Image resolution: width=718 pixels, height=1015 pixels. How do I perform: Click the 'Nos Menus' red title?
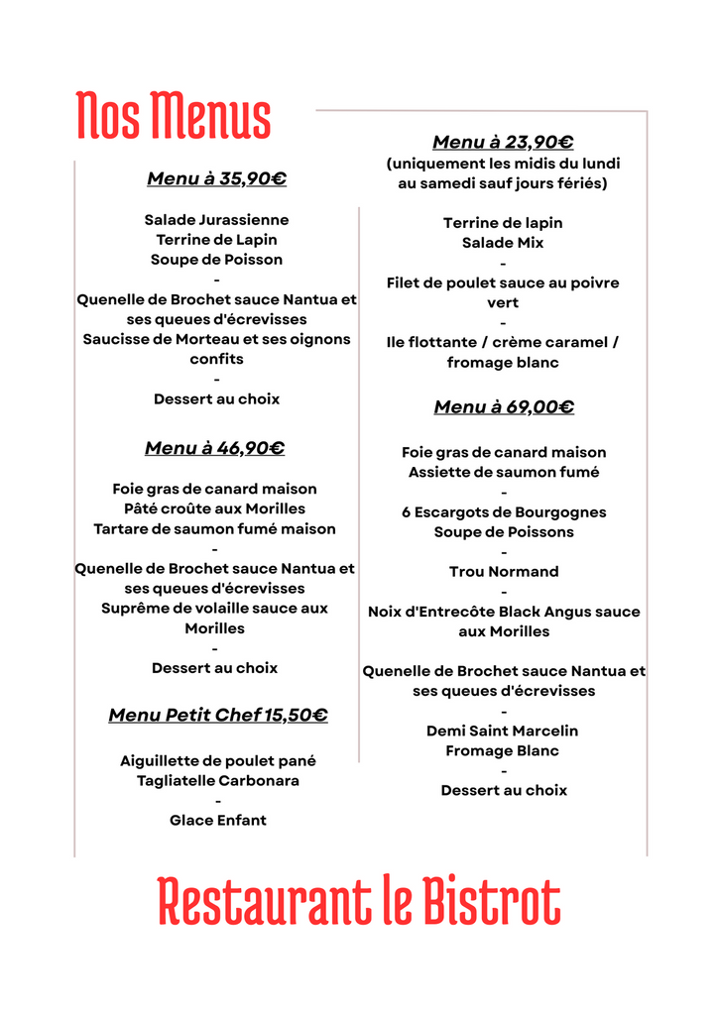point(174,116)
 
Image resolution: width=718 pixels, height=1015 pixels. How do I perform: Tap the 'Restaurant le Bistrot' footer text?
point(359,901)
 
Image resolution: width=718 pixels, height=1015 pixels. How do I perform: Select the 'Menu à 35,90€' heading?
point(216,179)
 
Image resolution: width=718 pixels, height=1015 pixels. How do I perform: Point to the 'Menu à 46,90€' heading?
point(214,448)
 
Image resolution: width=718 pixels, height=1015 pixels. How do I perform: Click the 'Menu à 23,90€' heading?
point(503,143)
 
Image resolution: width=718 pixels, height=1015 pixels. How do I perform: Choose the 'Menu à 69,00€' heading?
point(504,407)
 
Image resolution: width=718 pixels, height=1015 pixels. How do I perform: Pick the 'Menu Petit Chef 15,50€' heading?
point(218,716)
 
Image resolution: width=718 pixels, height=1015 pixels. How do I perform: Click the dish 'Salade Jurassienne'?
point(216,220)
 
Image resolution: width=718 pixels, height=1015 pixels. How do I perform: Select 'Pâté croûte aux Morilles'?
point(215,508)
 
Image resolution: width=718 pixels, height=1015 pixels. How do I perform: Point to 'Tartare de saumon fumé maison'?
point(214,529)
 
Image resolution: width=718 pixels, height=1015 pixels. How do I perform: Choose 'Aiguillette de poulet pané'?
point(218,761)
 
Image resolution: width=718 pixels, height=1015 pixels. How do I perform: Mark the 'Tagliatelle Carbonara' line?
point(218,781)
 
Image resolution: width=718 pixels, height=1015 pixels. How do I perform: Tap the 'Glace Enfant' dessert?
point(218,821)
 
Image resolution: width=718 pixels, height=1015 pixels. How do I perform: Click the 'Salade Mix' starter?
point(503,243)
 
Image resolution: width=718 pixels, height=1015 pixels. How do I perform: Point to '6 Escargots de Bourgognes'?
point(504,512)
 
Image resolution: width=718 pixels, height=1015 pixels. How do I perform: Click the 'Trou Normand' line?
point(504,572)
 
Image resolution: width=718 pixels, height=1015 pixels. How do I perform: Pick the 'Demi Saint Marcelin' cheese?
point(503,731)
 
